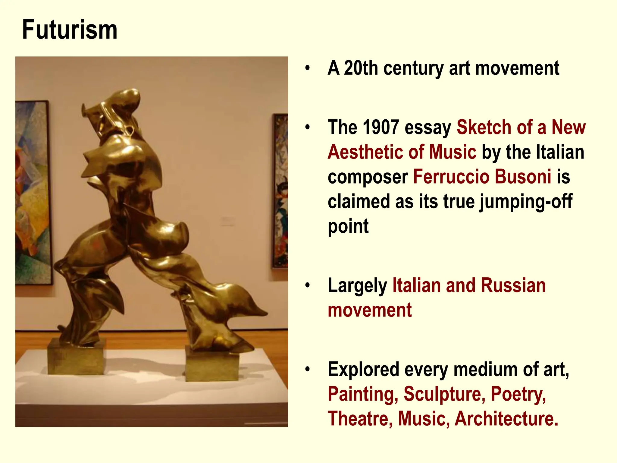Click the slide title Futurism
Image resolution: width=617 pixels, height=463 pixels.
pyautogui.click(x=70, y=30)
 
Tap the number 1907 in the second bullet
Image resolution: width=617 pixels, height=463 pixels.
pyautogui.click(x=381, y=127)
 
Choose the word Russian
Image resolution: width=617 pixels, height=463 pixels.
pyautogui.click(x=513, y=285)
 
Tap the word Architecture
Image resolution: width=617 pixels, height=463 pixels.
pyautogui.click(x=506, y=419)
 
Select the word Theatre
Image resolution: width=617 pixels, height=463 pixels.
pyautogui.click(x=360, y=419)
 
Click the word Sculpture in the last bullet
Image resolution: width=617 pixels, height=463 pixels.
pyautogui.click(x=444, y=394)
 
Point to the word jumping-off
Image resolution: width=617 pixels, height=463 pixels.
pyautogui.click(x=526, y=201)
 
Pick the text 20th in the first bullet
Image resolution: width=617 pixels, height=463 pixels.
pyautogui.click(x=361, y=68)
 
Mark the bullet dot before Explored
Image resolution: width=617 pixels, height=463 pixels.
pyautogui.click(x=307, y=369)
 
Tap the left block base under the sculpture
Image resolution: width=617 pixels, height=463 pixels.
pyautogui.click(x=76, y=357)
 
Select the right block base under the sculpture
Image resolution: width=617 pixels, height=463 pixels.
pyautogui.click(x=212, y=365)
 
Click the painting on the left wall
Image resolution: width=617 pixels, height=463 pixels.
pyautogui.click(x=33, y=193)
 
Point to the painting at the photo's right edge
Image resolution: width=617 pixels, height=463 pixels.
pyautogui.click(x=280, y=191)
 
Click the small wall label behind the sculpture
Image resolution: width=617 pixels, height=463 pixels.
pyautogui.click(x=228, y=221)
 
